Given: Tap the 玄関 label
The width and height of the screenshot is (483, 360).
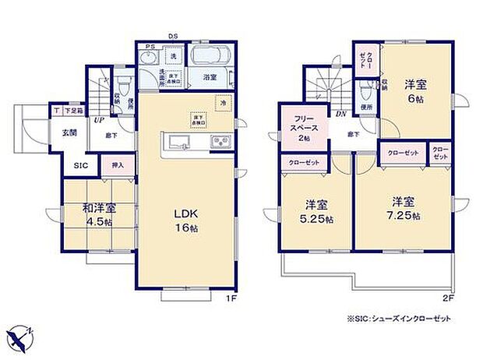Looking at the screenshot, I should click(x=70, y=132).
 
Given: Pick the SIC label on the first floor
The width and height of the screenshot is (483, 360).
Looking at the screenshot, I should click(x=80, y=165).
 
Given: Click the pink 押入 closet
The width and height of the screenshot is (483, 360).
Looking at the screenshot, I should click(x=118, y=165).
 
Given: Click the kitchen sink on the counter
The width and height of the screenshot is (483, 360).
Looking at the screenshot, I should click(x=178, y=142).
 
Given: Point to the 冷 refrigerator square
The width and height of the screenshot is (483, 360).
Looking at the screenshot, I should click(x=222, y=102).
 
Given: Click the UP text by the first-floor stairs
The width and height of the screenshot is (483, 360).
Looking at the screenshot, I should click(x=100, y=121).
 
